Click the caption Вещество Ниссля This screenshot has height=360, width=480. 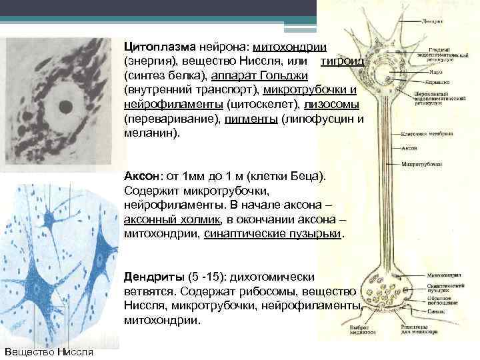coord(49,351)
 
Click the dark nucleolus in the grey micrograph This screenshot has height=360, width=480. coord(66,105)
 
